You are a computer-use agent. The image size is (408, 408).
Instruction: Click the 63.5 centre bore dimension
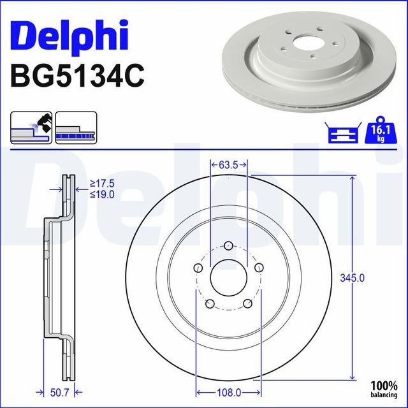(x=228, y=164)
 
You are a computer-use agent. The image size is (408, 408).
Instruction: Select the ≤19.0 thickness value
(x=101, y=194)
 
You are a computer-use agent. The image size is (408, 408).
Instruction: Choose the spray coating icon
(x=31, y=127)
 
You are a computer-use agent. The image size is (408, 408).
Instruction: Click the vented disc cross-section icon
(x=76, y=127)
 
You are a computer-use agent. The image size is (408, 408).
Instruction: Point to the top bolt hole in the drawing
(x=228, y=245)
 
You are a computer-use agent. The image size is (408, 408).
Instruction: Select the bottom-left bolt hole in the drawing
(x=209, y=304)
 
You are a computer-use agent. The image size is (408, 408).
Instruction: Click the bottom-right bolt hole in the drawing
(x=247, y=304)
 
